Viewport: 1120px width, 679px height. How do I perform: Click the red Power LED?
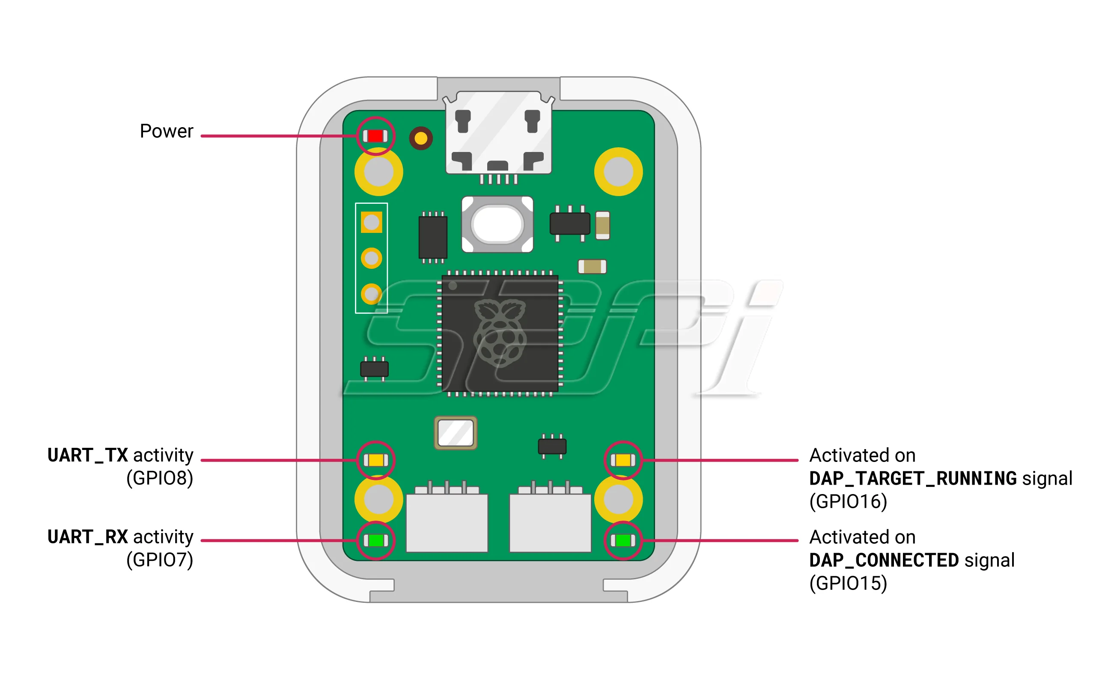375,136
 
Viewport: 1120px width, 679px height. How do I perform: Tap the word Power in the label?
167,131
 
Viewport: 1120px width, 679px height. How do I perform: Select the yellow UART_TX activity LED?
375,460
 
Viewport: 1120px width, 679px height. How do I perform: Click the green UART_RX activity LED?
375,540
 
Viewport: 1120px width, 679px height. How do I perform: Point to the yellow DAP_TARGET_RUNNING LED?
623,460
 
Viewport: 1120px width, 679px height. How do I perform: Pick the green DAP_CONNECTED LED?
623,540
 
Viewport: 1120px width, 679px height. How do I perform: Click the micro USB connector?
498,132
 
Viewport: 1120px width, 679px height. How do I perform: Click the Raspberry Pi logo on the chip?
499,333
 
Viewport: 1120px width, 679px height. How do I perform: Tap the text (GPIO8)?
160,479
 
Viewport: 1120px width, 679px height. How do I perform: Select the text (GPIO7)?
160,560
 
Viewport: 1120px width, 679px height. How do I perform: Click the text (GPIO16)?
848,502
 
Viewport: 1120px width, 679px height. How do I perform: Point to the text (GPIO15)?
848,584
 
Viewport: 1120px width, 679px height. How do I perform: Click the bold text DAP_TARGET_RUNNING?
913,479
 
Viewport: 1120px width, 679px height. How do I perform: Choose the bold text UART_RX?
88,537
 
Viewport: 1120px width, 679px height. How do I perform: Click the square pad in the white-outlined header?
371,222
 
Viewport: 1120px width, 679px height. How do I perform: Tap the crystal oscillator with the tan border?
456,433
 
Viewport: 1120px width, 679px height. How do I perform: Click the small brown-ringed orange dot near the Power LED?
421,138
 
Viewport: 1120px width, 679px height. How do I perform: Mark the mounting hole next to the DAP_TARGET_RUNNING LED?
618,499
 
